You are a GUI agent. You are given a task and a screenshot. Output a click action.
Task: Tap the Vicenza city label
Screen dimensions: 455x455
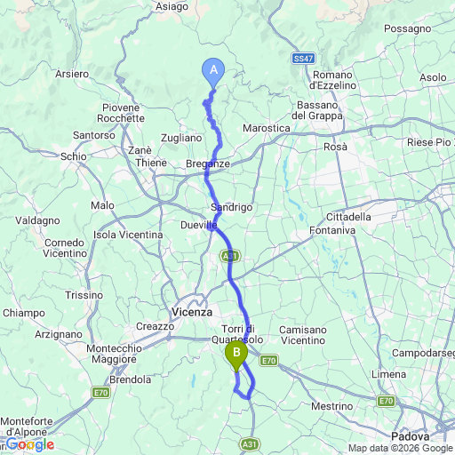click(191, 312)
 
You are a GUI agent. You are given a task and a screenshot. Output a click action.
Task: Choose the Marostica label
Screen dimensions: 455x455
click(267, 128)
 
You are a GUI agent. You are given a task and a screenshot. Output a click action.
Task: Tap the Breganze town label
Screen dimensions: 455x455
click(209, 164)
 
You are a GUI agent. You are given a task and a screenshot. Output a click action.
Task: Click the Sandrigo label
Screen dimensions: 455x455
click(232, 206)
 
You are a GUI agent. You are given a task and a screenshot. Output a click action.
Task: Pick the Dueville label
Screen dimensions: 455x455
click(200, 226)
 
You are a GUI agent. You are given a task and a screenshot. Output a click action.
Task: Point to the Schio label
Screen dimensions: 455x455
click(74, 156)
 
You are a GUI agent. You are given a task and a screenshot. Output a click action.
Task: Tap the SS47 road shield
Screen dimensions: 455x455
click(303, 58)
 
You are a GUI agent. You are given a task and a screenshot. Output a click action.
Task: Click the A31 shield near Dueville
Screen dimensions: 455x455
click(230, 255)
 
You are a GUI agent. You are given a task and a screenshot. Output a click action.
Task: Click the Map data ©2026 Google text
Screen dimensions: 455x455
click(400, 448)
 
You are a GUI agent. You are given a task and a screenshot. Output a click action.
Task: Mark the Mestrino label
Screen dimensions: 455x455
click(331, 405)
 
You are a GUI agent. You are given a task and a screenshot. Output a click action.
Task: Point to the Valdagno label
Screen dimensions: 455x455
click(37, 220)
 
